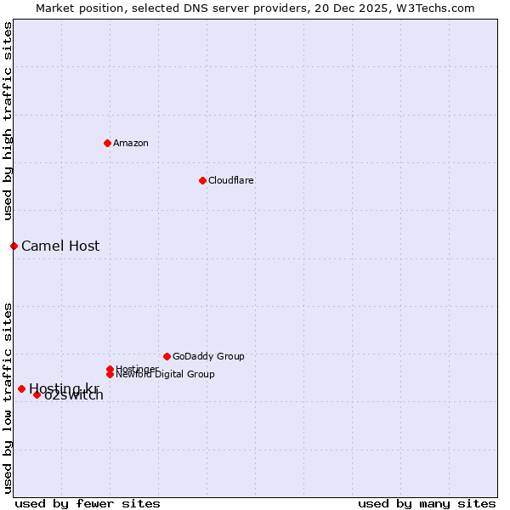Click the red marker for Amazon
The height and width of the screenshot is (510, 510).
(x=107, y=143)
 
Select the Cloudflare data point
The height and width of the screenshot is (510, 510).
(x=202, y=180)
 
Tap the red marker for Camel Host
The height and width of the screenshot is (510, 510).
(x=14, y=246)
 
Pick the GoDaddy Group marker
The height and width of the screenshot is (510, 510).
(x=167, y=356)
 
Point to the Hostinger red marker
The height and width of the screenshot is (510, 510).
(x=110, y=369)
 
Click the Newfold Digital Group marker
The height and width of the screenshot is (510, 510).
(x=110, y=374)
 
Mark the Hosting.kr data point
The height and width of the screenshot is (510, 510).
(x=21, y=388)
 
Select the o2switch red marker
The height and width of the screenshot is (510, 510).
(x=37, y=394)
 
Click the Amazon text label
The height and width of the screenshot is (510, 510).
(x=131, y=143)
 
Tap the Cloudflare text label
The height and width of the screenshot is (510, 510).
(x=230, y=180)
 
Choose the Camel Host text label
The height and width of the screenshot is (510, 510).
(x=60, y=246)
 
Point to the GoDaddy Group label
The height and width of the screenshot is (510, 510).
(x=208, y=356)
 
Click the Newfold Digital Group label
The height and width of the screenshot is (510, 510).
(x=165, y=375)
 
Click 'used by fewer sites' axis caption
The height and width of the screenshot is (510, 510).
(x=88, y=503)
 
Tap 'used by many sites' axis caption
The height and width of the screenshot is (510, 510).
(x=427, y=503)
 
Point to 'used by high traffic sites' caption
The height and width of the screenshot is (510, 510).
(x=8, y=121)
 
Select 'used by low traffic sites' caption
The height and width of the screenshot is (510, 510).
(x=8, y=397)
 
